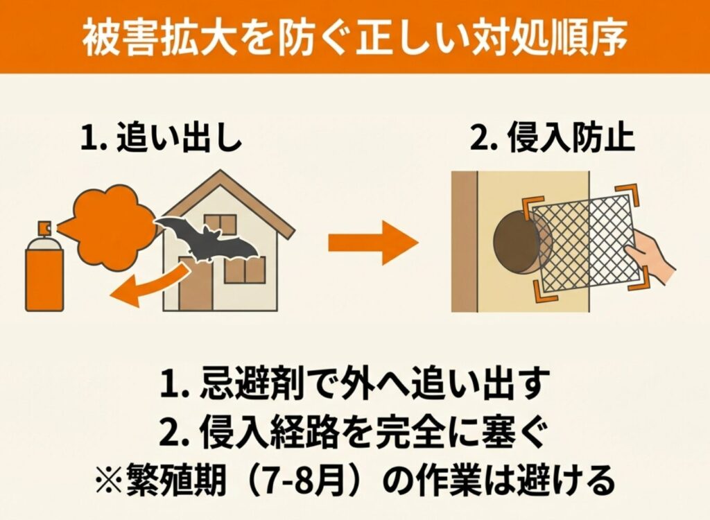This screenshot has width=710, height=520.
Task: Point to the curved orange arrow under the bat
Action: point(150,286)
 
